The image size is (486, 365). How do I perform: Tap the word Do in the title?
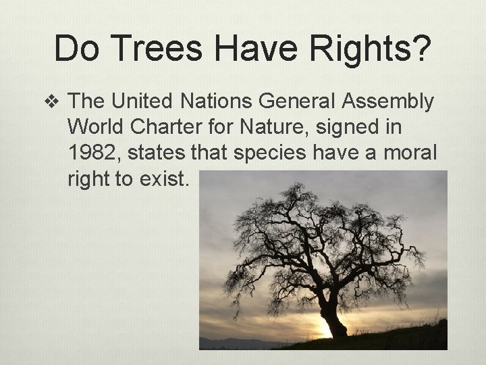(76, 49)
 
